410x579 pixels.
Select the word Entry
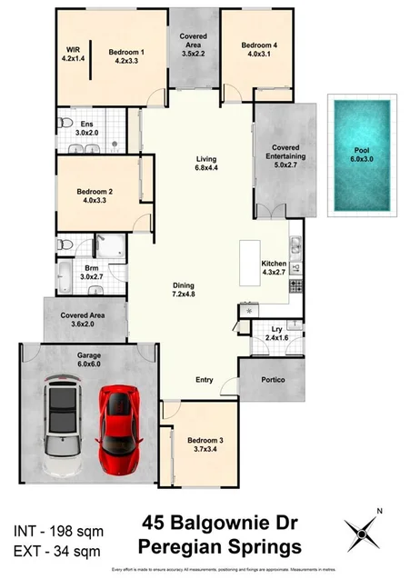pos(206,380)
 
